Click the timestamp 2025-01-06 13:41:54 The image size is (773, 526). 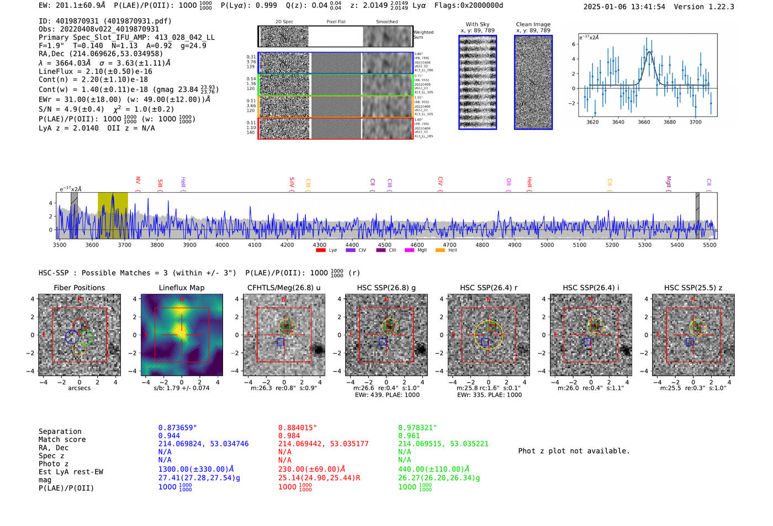pyautogui.click(x=624, y=7)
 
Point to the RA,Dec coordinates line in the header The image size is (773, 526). pyautogui.click(x=100, y=54)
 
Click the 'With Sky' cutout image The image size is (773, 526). pyautogui.click(x=478, y=82)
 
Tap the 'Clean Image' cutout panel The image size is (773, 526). pyautogui.click(x=533, y=82)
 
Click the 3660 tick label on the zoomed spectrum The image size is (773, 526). pyautogui.click(x=644, y=122)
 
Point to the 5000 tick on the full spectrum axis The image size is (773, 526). pyautogui.click(x=547, y=245)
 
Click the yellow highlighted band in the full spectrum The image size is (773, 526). pyautogui.click(x=113, y=215)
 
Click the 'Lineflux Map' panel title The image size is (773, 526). pyautogui.click(x=181, y=288)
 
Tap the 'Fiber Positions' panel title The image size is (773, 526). pyautogui.click(x=79, y=288)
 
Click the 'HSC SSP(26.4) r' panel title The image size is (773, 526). pyautogui.click(x=489, y=288)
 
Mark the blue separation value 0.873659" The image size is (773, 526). pyautogui.click(x=177, y=428)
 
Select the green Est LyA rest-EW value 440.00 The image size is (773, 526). pyautogui.click(x=433, y=469)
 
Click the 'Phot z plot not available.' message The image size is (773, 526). pyautogui.click(x=574, y=451)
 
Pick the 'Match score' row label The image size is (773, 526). pyautogui.click(x=62, y=439)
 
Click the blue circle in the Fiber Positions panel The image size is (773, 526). pyautogui.click(x=72, y=337)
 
